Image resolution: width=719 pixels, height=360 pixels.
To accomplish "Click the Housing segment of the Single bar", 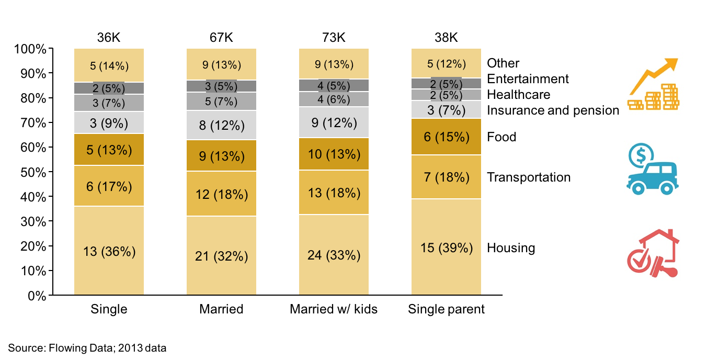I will point(109,251).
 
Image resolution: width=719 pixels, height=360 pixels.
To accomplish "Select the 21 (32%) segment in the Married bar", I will point(221,256).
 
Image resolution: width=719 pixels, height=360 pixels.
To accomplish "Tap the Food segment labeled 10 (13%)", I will point(334,154).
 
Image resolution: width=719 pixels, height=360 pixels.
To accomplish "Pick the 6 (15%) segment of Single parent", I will point(446,137).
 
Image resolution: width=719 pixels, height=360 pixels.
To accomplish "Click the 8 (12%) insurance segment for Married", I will point(221,126).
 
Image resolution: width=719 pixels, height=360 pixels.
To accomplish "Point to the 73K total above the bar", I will point(334,38).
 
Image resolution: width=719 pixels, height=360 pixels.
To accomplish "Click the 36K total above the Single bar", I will point(109,38).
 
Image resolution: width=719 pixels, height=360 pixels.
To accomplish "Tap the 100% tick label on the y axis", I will point(31,49).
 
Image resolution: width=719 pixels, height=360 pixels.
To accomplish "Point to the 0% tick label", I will point(36,296).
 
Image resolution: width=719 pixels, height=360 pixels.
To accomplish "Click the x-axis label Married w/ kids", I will point(334,309).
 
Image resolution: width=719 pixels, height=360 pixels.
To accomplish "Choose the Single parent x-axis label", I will point(446,309).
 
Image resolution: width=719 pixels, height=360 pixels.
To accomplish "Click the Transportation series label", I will point(529,177).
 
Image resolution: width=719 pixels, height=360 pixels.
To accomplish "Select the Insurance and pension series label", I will point(553,110).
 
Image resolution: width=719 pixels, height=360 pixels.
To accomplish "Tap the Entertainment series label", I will point(528,79).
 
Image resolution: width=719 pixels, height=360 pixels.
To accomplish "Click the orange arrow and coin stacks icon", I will point(653,84).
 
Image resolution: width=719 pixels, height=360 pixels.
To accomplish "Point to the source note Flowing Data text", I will point(87,347).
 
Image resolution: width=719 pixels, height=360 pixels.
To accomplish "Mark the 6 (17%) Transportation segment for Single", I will point(109,186).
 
